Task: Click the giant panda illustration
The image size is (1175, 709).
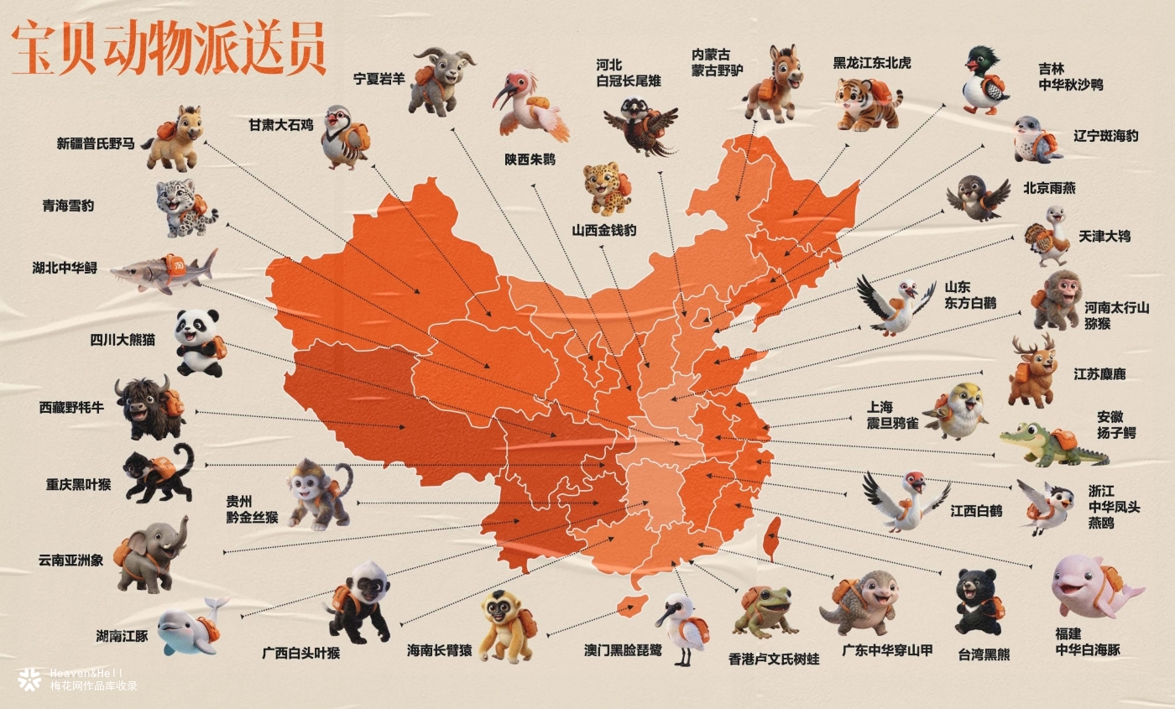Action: tap(199, 341)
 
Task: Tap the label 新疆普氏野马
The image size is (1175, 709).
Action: tap(95, 143)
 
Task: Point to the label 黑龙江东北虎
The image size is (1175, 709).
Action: tap(871, 63)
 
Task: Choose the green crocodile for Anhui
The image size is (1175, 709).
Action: tap(1053, 446)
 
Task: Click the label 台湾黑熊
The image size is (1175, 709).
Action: tap(984, 655)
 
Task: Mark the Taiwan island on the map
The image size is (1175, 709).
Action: tap(773, 537)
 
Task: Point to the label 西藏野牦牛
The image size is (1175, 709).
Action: tap(71, 408)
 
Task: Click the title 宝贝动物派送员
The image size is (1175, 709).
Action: tap(168, 49)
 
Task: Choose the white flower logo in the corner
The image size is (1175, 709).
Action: tap(29, 679)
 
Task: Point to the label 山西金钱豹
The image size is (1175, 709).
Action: tap(604, 229)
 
